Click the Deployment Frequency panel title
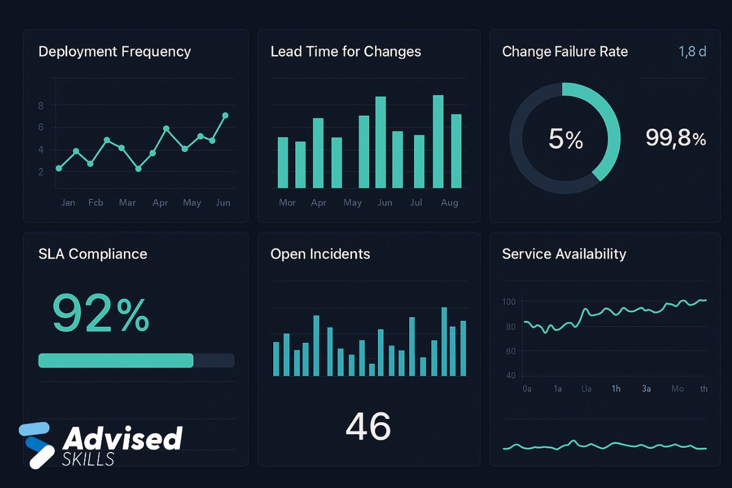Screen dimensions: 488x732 click(115, 52)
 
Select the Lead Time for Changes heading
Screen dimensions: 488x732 click(345, 52)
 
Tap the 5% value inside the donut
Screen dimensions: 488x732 click(565, 140)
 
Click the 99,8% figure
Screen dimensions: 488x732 click(675, 138)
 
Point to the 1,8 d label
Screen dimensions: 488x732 click(692, 52)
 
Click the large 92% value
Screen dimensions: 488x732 click(101, 313)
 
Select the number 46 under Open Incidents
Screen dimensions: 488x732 click(368, 426)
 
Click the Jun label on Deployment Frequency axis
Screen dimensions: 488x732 click(223, 203)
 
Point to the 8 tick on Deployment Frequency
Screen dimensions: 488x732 click(41, 106)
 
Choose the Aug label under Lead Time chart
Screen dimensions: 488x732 click(450, 203)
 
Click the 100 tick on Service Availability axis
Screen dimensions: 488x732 click(509, 301)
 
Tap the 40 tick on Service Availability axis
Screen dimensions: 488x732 click(511, 376)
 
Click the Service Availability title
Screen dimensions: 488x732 click(564, 254)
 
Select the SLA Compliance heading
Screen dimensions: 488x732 click(93, 254)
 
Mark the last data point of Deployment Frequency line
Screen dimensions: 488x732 click(225, 115)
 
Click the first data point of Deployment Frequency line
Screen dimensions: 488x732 click(59, 168)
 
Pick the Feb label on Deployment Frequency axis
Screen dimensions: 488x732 click(96, 203)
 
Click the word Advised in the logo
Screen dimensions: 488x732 click(123, 439)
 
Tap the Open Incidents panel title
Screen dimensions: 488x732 click(320, 254)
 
